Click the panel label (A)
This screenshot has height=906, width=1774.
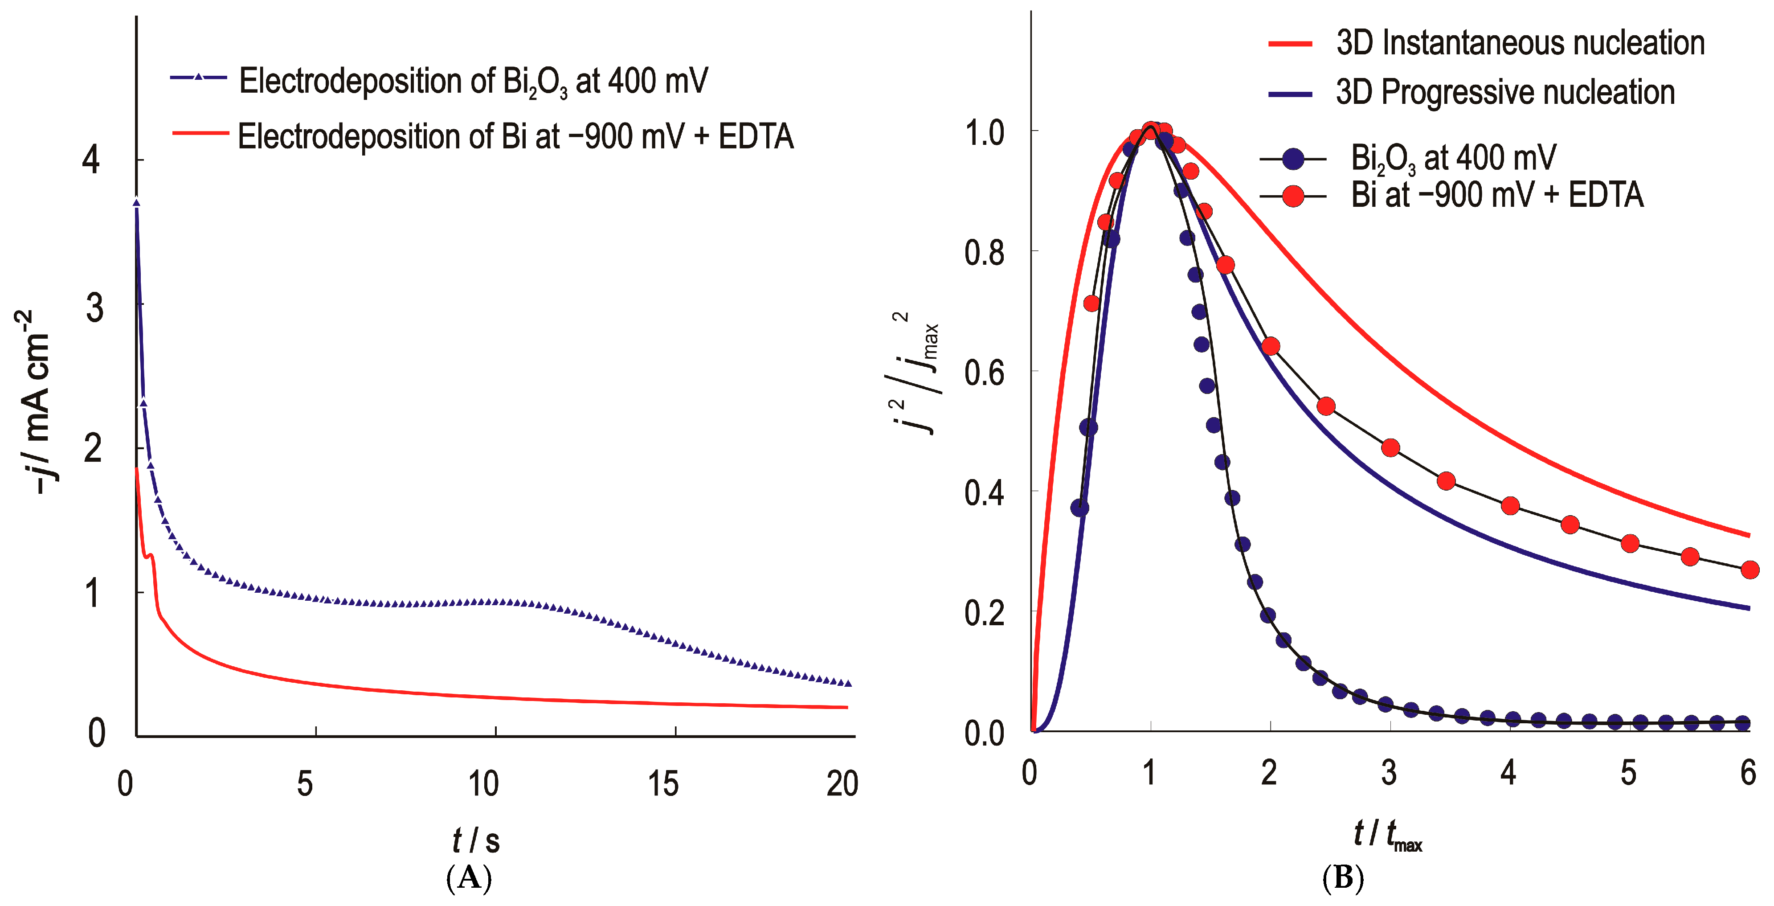tap(469, 878)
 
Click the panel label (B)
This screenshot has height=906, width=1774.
tap(1343, 878)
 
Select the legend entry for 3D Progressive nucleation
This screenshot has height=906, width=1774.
tap(1505, 92)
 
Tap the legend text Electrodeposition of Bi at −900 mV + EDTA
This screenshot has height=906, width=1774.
tap(515, 136)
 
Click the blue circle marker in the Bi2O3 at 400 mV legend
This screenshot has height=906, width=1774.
tap(1293, 159)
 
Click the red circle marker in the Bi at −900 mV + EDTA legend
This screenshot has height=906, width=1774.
tap(1293, 197)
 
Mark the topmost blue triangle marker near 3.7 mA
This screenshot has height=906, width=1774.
tap(136, 203)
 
